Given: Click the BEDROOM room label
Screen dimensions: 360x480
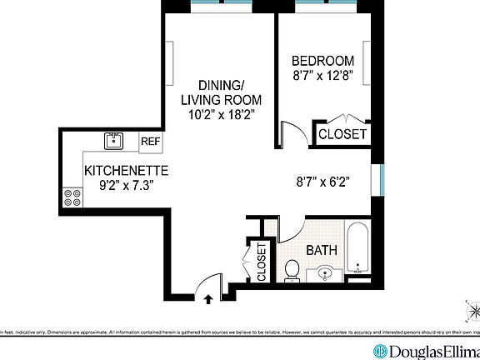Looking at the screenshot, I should click(322, 61).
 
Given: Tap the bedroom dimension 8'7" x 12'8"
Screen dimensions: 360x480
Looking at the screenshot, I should click(322, 77).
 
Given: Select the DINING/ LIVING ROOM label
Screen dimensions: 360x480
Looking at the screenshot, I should click(221, 92).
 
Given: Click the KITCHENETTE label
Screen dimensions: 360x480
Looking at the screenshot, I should click(127, 171).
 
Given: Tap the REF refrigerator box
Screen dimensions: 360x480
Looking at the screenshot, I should click(150, 142).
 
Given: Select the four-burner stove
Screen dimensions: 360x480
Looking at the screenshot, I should click(72, 197).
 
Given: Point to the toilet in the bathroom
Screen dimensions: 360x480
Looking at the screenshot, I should click(292, 270).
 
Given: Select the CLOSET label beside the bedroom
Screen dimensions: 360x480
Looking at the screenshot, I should click(342, 133).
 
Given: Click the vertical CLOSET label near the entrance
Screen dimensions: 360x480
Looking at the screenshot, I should click(262, 261).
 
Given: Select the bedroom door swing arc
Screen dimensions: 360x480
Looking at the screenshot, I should click(292, 133).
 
